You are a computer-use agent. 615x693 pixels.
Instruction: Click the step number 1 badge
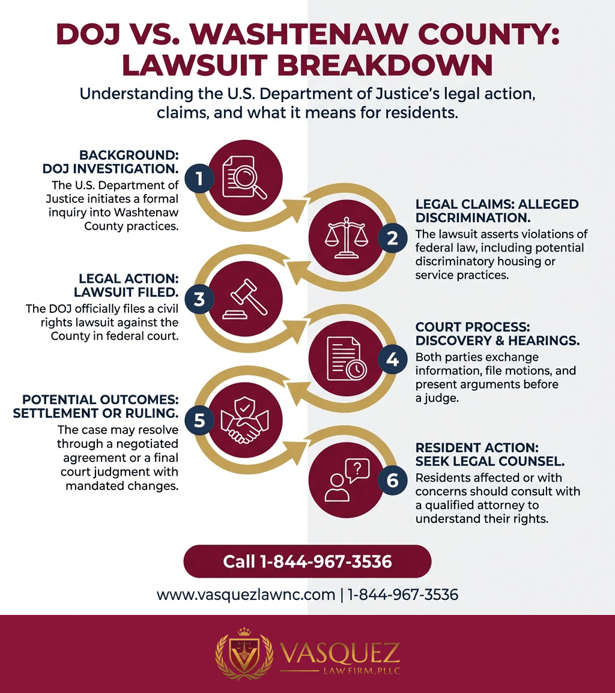199,178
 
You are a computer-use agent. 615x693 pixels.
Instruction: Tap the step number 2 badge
392,238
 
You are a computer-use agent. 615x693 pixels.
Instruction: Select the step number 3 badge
199,299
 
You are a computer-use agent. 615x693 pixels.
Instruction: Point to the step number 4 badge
392,359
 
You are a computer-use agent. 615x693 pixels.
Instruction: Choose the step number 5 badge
199,420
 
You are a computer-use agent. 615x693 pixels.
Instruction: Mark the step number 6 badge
392,480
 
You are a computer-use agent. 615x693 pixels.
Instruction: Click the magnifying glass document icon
244,178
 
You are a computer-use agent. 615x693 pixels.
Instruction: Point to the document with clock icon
346,359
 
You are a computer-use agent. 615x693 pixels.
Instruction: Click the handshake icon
244,419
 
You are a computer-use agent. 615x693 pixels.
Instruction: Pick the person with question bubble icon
347,480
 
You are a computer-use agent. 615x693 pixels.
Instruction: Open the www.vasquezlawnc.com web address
246,595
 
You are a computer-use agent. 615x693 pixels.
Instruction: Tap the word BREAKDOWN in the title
385,65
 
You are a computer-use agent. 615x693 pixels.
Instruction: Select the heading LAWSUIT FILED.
127,292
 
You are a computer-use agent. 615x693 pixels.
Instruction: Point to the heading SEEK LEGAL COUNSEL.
490,461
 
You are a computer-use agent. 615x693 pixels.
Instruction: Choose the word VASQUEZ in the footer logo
339,653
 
